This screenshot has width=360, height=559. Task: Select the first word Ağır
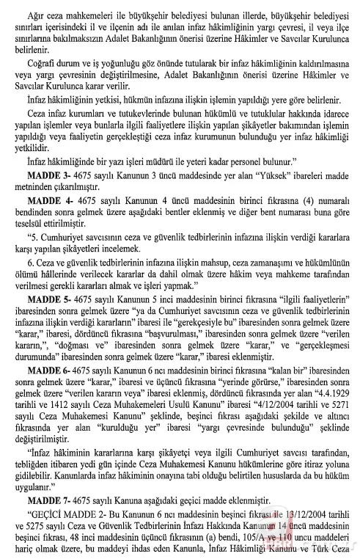36,12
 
